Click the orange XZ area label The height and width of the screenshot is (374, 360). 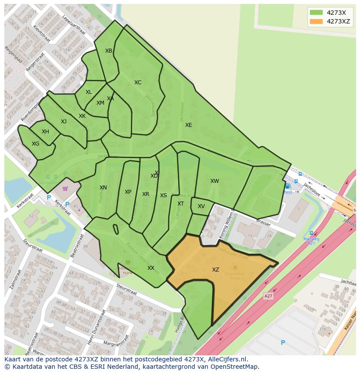(216, 270)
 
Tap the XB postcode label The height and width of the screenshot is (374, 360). (109, 51)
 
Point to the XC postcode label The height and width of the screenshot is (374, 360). (138, 83)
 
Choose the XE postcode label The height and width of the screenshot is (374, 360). (188, 125)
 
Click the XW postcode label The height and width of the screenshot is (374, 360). (215, 181)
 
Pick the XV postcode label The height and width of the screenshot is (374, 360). (201, 206)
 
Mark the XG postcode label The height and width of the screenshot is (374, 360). (36, 144)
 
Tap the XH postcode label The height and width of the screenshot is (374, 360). (45, 132)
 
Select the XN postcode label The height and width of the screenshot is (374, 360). (103, 188)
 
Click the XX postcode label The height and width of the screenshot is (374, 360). (151, 268)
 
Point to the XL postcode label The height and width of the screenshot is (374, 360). (89, 92)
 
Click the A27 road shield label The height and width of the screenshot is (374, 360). (269, 296)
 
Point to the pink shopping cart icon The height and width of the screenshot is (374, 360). (65, 189)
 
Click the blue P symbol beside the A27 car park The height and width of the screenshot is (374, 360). (283, 343)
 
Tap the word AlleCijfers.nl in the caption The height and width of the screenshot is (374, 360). (227, 359)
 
